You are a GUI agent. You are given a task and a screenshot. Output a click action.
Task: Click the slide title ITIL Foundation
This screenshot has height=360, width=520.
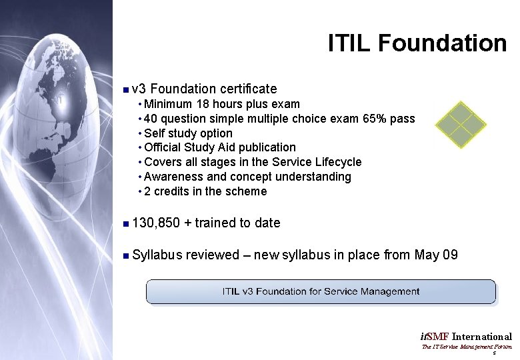(x=417, y=43)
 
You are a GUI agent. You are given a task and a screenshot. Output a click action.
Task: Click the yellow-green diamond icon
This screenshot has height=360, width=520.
(x=460, y=124)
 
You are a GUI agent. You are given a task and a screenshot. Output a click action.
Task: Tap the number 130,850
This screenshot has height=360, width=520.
(x=156, y=223)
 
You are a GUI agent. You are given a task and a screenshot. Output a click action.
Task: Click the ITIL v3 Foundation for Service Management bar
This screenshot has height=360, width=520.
(x=321, y=291)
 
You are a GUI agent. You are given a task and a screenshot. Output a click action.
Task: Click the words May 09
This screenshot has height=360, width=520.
(x=436, y=255)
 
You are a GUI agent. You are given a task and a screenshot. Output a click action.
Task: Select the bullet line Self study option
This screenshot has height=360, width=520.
(x=188, y=133)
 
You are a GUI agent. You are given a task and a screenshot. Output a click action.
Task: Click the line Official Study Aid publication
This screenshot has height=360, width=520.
(x=219, y=147)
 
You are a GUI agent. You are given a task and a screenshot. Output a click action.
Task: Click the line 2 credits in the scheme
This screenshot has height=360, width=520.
(x=205, y=191)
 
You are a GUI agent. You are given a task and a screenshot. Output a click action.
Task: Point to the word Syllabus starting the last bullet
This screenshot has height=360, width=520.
(x=157, y=255)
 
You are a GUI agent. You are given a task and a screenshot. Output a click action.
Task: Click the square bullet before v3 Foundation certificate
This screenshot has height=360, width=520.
(x=125, y=89)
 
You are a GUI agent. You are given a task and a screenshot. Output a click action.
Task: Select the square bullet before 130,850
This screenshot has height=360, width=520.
(x=125, y=223)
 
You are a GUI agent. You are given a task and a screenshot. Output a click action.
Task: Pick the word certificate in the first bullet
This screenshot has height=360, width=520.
(x=248, y=89)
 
